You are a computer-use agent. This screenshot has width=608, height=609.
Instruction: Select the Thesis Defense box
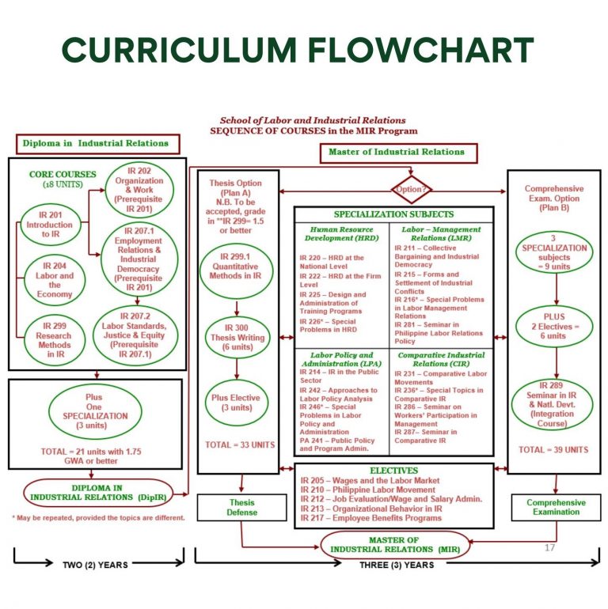coord(242,507)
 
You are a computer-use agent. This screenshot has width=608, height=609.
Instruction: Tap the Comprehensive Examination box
coord(556,507)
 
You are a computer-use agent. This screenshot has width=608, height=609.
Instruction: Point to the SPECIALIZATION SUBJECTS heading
coord(393,214)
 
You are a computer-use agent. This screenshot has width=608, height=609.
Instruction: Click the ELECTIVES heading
coord(393,469)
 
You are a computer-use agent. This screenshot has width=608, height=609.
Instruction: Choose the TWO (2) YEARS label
coord(95,565)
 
